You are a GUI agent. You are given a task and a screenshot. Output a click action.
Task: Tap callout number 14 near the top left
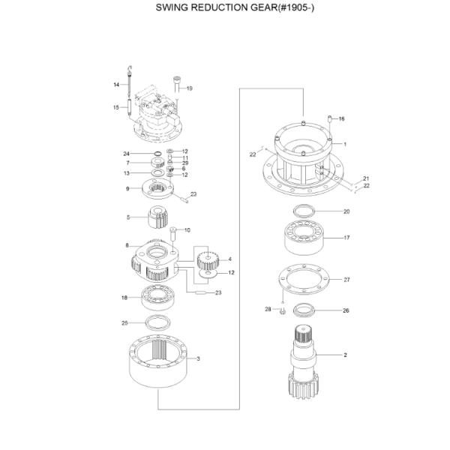coord(117,85)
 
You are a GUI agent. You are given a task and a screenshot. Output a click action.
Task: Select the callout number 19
coord(189,88)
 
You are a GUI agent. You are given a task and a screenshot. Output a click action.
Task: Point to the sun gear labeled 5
coord(159,217)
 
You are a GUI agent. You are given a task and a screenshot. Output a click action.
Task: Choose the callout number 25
coord(125,323)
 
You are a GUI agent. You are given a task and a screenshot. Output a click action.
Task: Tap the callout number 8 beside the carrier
coord(127,245)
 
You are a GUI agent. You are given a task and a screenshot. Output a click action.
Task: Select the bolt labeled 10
coord(173,235)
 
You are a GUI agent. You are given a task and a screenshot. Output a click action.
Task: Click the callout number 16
coord(342,118)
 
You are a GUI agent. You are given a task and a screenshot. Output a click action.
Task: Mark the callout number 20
coord(346,211)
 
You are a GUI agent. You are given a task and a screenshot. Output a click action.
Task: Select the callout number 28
coord(268,309)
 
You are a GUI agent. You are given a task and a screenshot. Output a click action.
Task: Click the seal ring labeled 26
coord(305,310)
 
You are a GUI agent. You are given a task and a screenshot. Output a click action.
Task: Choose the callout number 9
coord(127,188)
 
